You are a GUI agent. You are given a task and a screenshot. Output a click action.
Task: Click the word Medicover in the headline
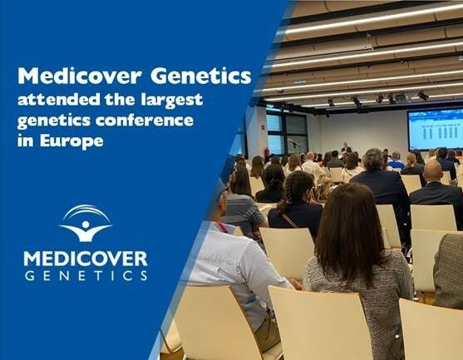tap(80, 76)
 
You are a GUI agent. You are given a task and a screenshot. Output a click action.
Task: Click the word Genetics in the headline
tap(201, 76)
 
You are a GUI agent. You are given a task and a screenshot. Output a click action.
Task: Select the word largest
tap(171, 100)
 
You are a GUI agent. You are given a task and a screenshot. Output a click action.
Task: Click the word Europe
tap(71, 141)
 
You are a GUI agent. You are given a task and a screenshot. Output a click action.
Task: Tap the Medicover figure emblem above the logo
tap(86, 223)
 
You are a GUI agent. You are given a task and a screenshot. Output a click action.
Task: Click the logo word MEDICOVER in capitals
tap(86, 259)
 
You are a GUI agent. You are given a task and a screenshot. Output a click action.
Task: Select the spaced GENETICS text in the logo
tap(86, 275)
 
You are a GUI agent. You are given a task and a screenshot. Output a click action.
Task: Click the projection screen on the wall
tap(436, 130)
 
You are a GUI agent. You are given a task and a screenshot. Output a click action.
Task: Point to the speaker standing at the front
tap(345, 147)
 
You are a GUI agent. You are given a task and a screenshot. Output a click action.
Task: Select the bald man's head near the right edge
tap(433, 170)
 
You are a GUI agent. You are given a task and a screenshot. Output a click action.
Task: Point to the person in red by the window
tap(267, 155)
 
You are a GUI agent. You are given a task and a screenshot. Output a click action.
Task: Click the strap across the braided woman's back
tap(288, 220)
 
